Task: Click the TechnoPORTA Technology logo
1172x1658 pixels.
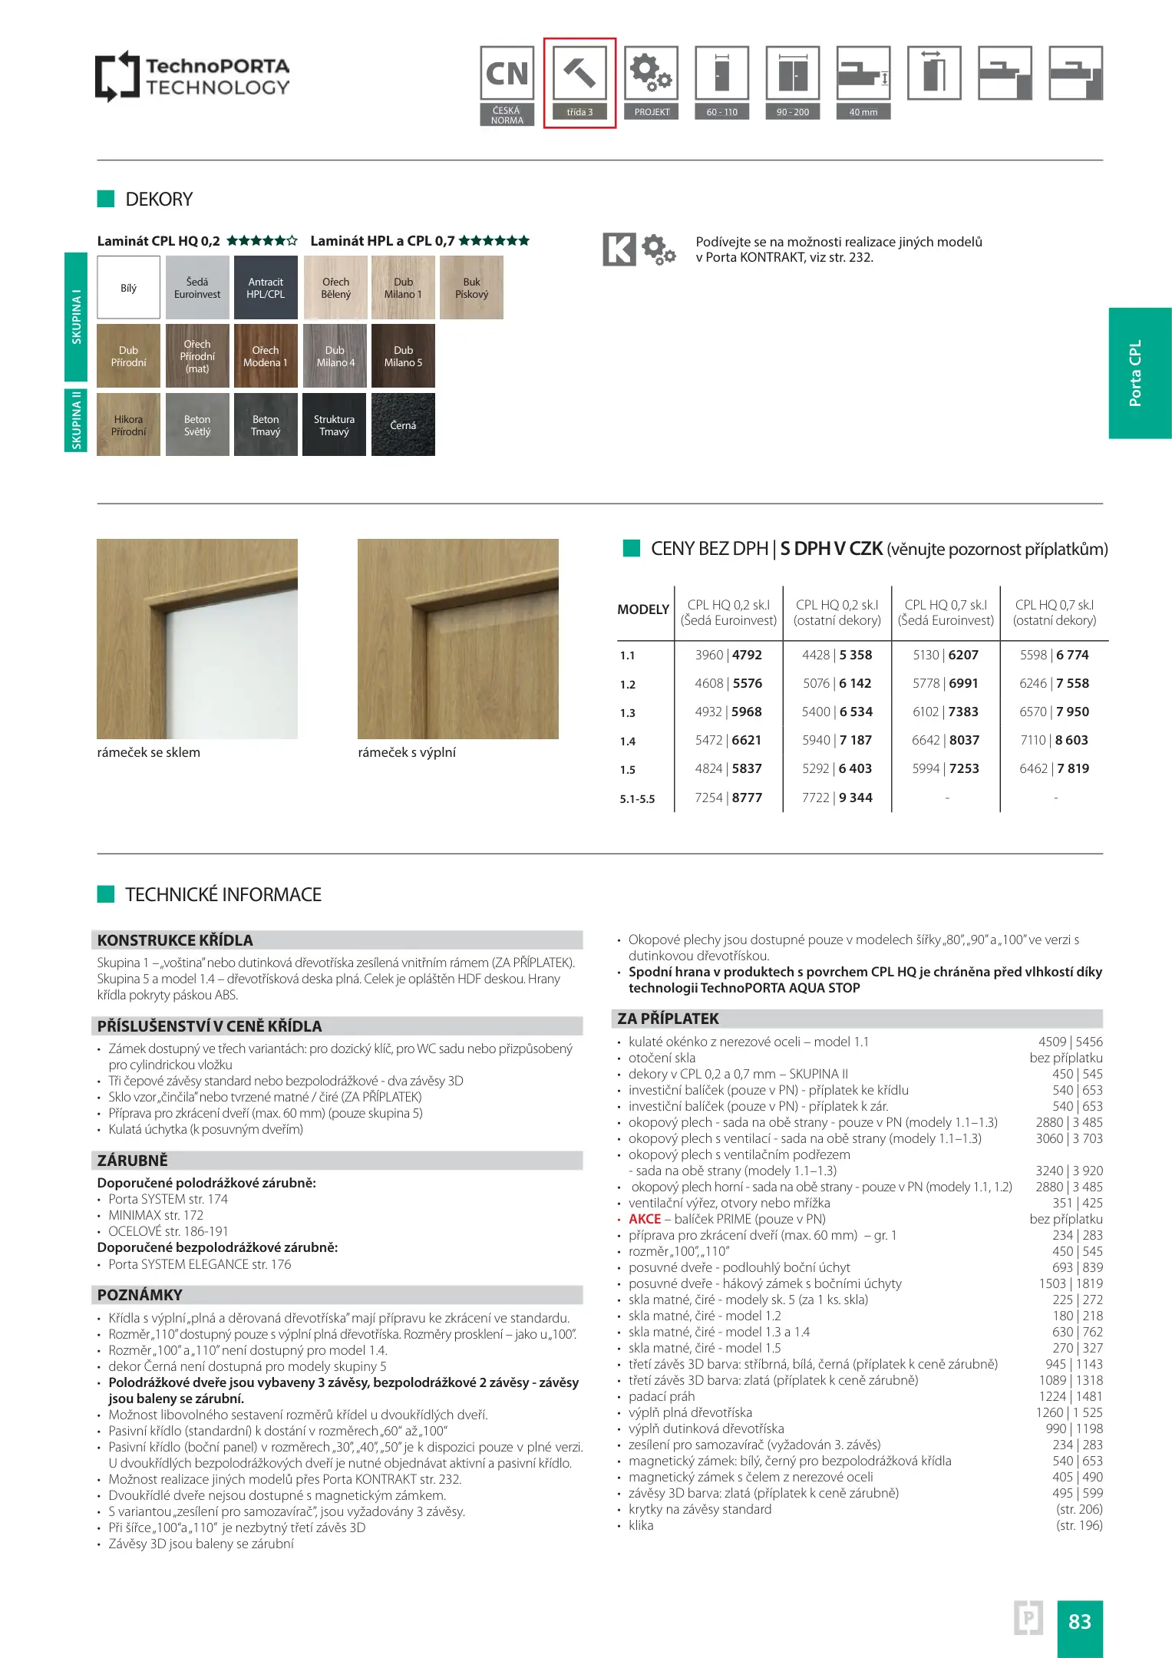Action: [x=192, y=77]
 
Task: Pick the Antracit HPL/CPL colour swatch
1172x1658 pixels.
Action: [x=266, y=288]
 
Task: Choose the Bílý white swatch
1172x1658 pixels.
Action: [x=128, y=288]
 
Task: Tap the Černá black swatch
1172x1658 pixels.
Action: [x=403, y=425]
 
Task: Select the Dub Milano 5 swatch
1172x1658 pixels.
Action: [x=403, y=356]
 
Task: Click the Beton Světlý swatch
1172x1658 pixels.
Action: [x=197, y=425]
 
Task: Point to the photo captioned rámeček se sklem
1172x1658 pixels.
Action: [x=197, y=639]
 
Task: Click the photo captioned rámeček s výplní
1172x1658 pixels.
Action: [x=458, y=639]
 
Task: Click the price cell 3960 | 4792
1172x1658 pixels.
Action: [x=728, y=655]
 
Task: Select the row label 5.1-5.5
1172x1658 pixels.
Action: [x=637, y=799]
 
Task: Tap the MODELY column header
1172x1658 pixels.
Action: [x=643, y=609]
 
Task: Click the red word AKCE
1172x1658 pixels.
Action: [x=645, y=1219]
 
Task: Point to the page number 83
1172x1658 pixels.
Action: [x=1079, y=1621]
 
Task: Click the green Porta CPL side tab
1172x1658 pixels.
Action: [x=1139, y=373]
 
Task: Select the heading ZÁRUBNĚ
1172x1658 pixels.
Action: [x=133, y=1161]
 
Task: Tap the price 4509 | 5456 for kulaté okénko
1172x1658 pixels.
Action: [x=1070, y=1042]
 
